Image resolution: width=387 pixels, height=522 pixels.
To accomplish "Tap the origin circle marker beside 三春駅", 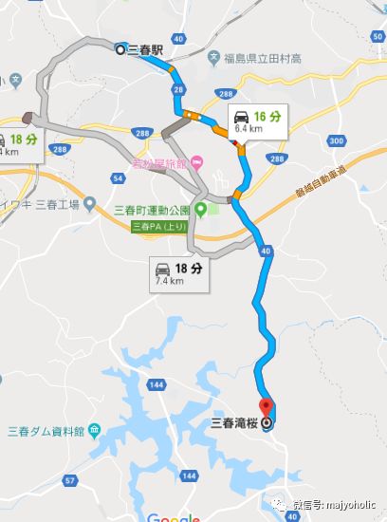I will [x=120, y=49].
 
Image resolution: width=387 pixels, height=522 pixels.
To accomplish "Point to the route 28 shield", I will [x=177, y=89].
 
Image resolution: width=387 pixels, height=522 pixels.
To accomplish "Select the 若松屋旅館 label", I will [x=160, y=160].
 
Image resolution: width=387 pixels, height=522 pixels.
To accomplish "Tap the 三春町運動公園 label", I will [x=150, y=210].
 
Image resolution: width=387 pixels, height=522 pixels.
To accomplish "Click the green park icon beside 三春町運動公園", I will [x=201, y=210].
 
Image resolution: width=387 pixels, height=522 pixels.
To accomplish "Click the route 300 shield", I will [x=339, y=140].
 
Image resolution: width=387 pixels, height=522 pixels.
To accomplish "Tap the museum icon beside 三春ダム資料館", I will [x=95, y=432].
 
